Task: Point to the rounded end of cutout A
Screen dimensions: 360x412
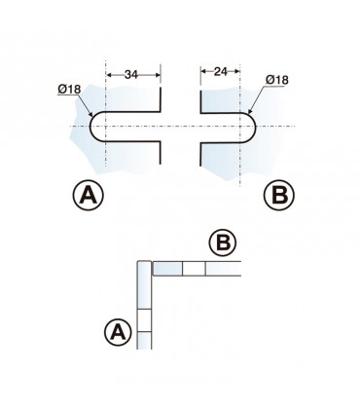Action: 90,128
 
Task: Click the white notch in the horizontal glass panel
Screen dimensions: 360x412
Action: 194,269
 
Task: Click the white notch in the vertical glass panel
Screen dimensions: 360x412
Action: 145,319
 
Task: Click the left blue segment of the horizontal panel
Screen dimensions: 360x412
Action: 167,269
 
